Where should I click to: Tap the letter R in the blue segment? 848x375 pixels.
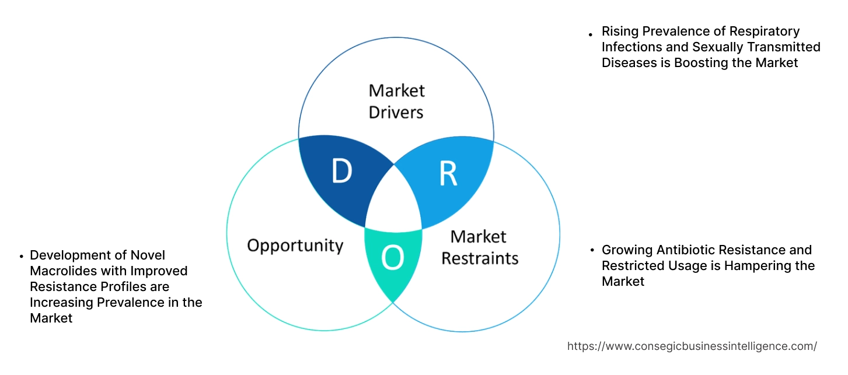point(448,173)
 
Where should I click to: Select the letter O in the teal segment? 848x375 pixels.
point(392,258)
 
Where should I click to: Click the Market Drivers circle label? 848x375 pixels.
point(396,101)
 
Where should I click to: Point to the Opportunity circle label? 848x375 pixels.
point(295,245)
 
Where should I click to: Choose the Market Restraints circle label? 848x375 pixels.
point(479,247)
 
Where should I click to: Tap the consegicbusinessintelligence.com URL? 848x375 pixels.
point(692,346)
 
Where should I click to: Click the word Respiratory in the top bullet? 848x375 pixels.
point(763,31)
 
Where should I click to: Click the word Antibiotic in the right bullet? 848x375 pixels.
point(686,250)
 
